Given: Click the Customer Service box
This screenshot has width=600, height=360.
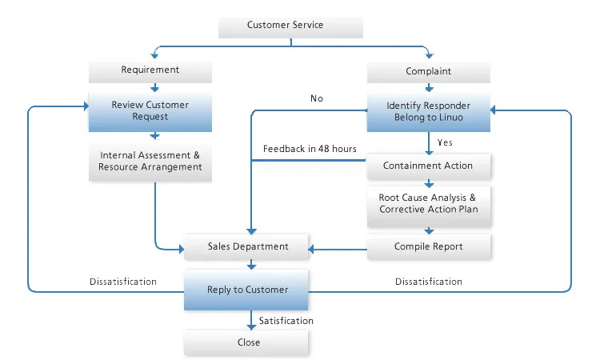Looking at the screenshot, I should click(291, 26).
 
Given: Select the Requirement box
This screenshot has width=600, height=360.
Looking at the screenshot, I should click(150, 70).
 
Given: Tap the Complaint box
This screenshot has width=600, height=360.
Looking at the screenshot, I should click(428, 71).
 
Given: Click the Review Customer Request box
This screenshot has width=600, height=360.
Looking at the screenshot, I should click(150, 110).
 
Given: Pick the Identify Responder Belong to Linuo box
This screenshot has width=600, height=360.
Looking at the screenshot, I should click(428, 111).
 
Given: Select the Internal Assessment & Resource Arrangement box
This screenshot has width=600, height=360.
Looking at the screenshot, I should click(150, 161).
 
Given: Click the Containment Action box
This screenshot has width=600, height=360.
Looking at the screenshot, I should click(428, 166).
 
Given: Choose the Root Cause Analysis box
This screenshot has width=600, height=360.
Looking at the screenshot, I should click(428, 202).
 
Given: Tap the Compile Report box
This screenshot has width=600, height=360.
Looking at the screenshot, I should click(428, 246).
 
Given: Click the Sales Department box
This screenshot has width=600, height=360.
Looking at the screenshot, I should click(247, 246).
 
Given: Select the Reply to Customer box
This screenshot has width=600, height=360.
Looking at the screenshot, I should click(247, 290).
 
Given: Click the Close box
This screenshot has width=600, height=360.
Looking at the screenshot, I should click(247, 342).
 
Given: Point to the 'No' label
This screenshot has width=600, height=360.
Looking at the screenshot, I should click(317, 98).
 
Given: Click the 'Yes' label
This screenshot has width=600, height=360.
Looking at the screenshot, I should click(446, 142).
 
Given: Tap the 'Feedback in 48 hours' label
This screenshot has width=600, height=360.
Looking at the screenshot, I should click(310, 149).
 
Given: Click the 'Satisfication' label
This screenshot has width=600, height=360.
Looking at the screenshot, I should click(286, 321).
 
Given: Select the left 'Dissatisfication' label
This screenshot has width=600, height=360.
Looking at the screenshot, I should click(123, 282).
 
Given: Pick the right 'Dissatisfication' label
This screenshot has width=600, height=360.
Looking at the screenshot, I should click(429, 282).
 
